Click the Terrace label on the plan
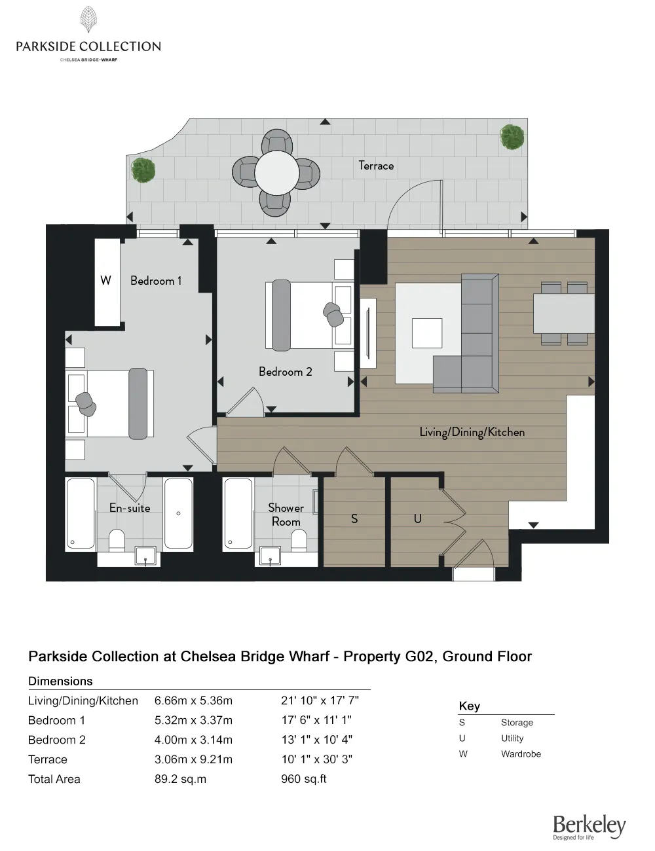pyautogui.click(x=376, y=166)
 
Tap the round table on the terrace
pyautogui.click(x=277, y=173)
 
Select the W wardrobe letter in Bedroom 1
pyautogui.click(x=105, y=280)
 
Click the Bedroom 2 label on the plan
pyautogui.click(x=285, y=371)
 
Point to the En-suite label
pyautogui.click(x=130, y=507)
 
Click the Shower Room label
pyautogui.click(x=286, y=515)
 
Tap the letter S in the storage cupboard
pyautogui.click(x=354, y=518)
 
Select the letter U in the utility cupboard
pyautogui.click(x=418, y=518)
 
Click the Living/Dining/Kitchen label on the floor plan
pyautogui.click(x=472, y=432)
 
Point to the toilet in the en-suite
pyautogui.click(x=117, y=540)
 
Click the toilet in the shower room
pyautogui.click(x=299, y=541)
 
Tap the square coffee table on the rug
pyautogui.click(x=427, y=333)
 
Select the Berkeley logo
pyautogui.click(x=589, y=827)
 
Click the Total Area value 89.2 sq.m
pyautogui.click(x=180, y=779)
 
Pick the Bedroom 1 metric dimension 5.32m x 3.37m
pyautogui.click(x=193, y=720)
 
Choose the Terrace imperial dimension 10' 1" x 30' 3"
pyautogui.click(x=316, y=759)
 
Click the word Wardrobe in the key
pyautogui.click(x=521, y=754)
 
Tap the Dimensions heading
pyautogui.click(x=60, y=681)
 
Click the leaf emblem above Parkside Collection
pyautogui.click(x=89, y=19)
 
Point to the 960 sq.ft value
pyautogui.click(x=304, y=779)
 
